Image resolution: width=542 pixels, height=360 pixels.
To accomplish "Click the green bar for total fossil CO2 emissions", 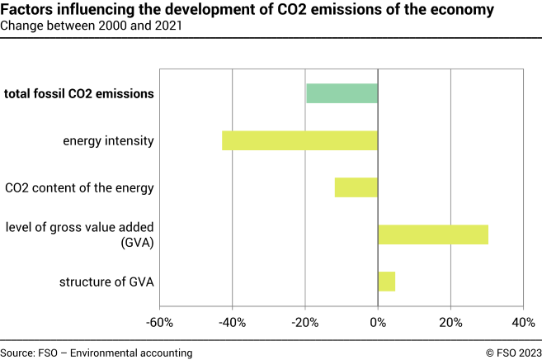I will pos(342,93).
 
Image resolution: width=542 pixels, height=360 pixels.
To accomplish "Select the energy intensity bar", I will pos(299,140).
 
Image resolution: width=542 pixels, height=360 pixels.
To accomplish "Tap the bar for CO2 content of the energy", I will pos(356,187).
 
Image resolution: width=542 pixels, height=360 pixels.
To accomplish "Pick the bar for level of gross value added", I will pos(433,234).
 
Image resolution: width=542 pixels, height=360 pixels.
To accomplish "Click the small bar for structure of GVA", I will pos(386,282).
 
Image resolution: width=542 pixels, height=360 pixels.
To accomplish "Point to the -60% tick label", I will pos(158,321).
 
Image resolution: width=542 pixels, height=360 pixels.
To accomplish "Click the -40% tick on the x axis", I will pos(232,321).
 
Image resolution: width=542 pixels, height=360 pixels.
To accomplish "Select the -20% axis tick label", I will pos(304,321).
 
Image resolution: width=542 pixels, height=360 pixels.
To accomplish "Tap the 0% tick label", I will pos(378,321).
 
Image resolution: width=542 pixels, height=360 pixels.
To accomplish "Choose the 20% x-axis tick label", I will pos(450,321).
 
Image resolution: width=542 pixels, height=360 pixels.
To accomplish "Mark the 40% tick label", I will pos(523,321).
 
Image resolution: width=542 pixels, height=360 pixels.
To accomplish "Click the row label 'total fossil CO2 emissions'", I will pos(79,93).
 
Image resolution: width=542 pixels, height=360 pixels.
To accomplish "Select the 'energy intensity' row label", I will pos(108,140).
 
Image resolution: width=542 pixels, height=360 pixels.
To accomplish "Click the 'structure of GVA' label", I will pos(106,282).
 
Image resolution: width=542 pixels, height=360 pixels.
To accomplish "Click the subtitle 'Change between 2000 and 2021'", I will pos(92,26).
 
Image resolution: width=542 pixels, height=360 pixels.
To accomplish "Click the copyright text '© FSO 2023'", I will pos(513,352).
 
